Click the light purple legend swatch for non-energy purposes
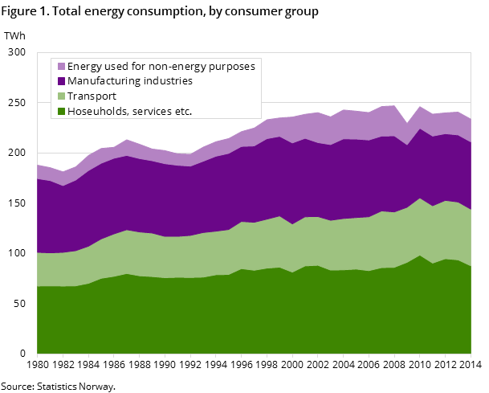point(60,67)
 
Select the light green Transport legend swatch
point(60,96)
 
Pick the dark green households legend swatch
point(60,112)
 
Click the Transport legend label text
point(92,96)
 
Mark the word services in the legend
point(152,112)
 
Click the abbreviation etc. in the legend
point(183,112)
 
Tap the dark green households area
point(241,313)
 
